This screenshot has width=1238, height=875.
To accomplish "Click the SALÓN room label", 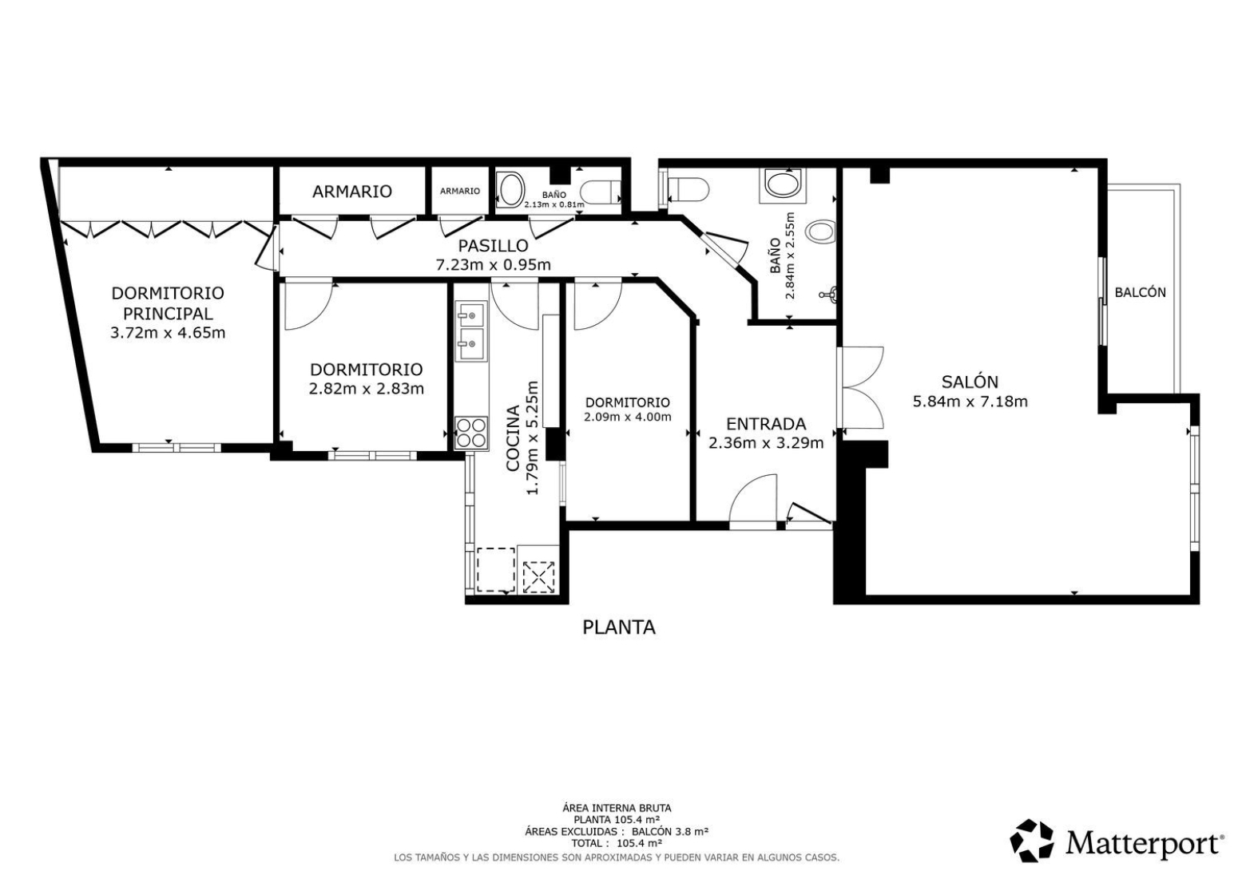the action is click(970, 382).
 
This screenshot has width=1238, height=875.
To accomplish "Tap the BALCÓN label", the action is click(1141, 292).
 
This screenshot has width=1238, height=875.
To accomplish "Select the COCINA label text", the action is click(514, 438).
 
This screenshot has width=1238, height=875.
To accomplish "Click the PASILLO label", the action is click(493, 245).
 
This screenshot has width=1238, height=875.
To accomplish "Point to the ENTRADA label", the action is click(765, 424).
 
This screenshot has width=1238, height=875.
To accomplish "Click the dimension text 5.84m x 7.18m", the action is click(970, 402).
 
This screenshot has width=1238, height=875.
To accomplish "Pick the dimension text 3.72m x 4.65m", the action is click(168, 333).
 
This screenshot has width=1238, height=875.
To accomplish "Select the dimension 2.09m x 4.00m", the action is click(627, 417).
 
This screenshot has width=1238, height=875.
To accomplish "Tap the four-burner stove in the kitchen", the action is click(471, 433).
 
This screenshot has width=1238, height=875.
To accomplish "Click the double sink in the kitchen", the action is click(471, 331).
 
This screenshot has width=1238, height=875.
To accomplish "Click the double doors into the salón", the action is click(860, 387).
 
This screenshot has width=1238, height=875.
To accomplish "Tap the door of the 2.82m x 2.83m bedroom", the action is click(308, 306).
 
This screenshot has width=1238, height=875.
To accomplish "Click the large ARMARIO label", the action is click(352, 192).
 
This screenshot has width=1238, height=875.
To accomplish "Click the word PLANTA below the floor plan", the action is click(619, 628).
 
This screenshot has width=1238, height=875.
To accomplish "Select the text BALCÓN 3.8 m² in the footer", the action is click(670, 831).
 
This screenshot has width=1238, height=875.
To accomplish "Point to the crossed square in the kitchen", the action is click(538, 578).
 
